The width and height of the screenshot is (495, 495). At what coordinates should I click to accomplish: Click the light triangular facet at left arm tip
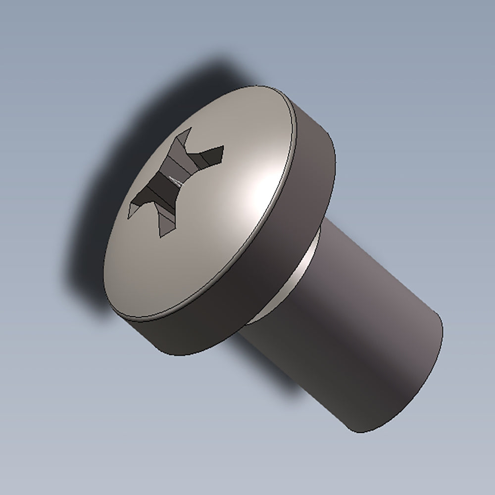pyautogui.click(x=132, y=210)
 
